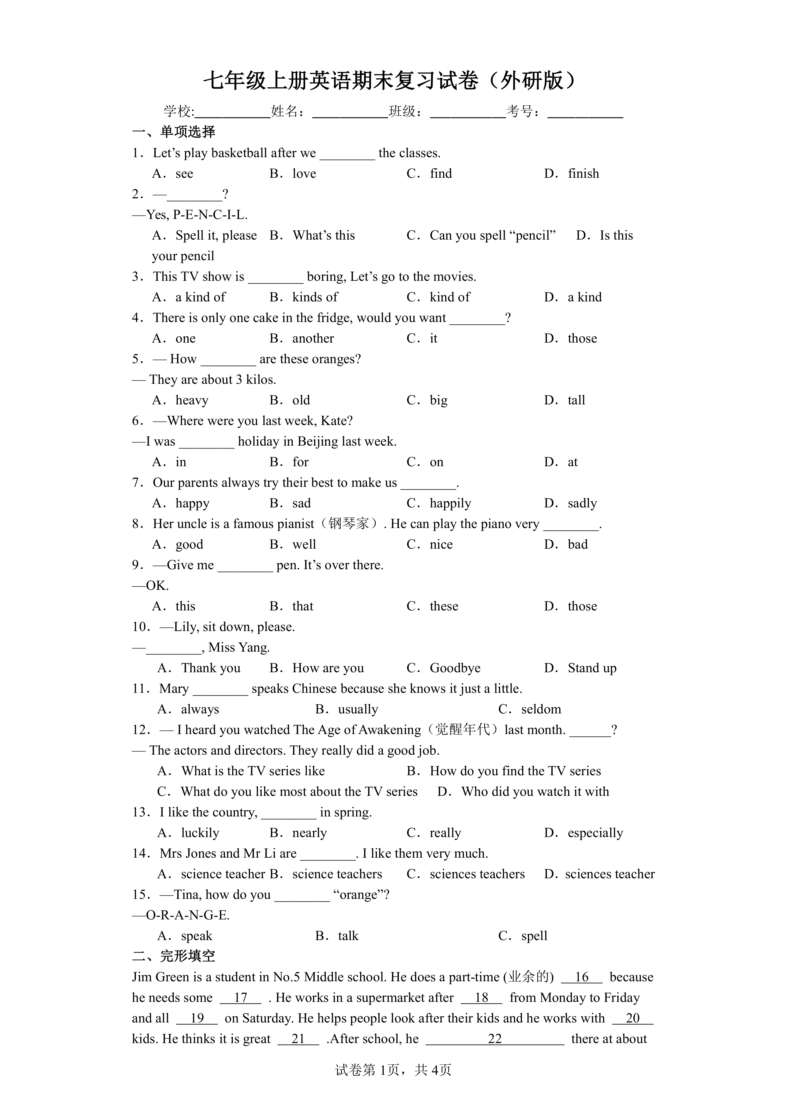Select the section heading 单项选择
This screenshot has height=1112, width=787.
[x=187, y=132]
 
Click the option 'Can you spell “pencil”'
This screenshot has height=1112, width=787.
[x=492, y=236]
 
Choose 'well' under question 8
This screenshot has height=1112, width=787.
[x=304, y=545]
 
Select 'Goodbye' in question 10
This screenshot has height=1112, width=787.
[x=454, y=668]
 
